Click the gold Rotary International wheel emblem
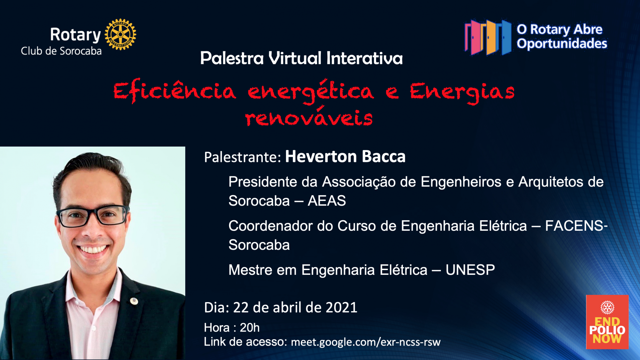pos(120,34)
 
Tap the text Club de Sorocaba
pos(61,51)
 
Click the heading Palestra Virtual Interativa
pos(301,58)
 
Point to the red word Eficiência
pos(175,91)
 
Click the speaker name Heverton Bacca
pos(345,156)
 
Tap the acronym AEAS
pos(327,201)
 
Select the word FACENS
pos(574,226)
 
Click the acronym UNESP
pos(470,270)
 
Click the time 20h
pos(250,328)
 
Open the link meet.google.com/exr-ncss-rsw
pos(366,342)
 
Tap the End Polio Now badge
pos(607,322)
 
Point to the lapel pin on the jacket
pos(134,301)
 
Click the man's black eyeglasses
pos(93,216)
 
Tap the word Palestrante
pos(242,157)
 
